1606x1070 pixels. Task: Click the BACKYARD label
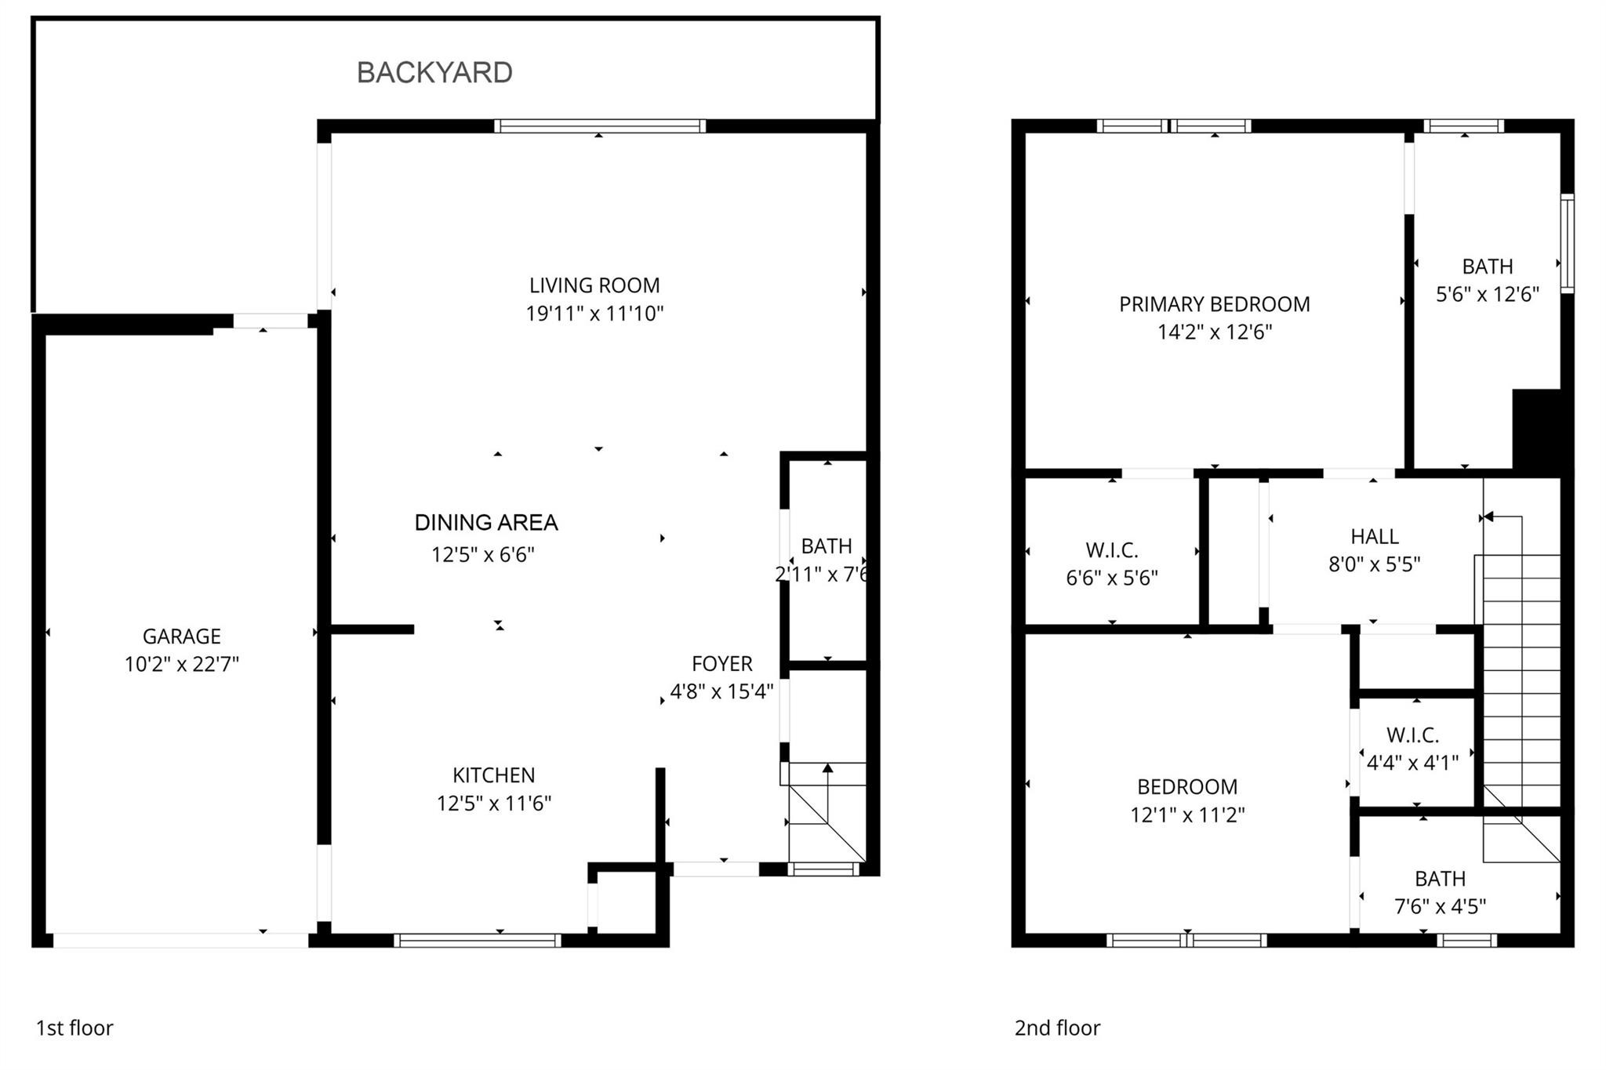coord(434,72)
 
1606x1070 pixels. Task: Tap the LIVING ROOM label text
coord(594,285)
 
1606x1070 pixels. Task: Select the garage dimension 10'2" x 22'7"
coord(181,665)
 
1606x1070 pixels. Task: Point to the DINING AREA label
coord(485,523)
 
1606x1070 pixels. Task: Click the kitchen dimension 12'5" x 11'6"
coord(493,803)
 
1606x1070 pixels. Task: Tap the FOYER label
coord(721,664)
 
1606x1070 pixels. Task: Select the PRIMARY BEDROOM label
coord(1214,304)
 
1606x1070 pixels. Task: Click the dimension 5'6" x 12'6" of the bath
coord(1487,295)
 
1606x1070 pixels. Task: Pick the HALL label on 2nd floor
coord(1374,536)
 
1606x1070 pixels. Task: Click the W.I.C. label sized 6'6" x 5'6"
coord(1111,550)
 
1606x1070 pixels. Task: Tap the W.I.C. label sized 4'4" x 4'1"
coord(1412,735)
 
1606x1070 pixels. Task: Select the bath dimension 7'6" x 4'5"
coord(1440,907)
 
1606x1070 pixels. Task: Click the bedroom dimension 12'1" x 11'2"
coord(1186,815)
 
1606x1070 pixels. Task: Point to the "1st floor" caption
coord(74,1028)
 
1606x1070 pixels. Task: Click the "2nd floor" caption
coord(1057,1028)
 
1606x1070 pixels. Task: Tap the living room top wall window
coord(600,126)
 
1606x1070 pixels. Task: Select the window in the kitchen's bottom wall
coord(477,941)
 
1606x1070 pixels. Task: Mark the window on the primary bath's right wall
coord(1567,243)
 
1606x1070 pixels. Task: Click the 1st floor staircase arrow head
coord(827,767)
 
